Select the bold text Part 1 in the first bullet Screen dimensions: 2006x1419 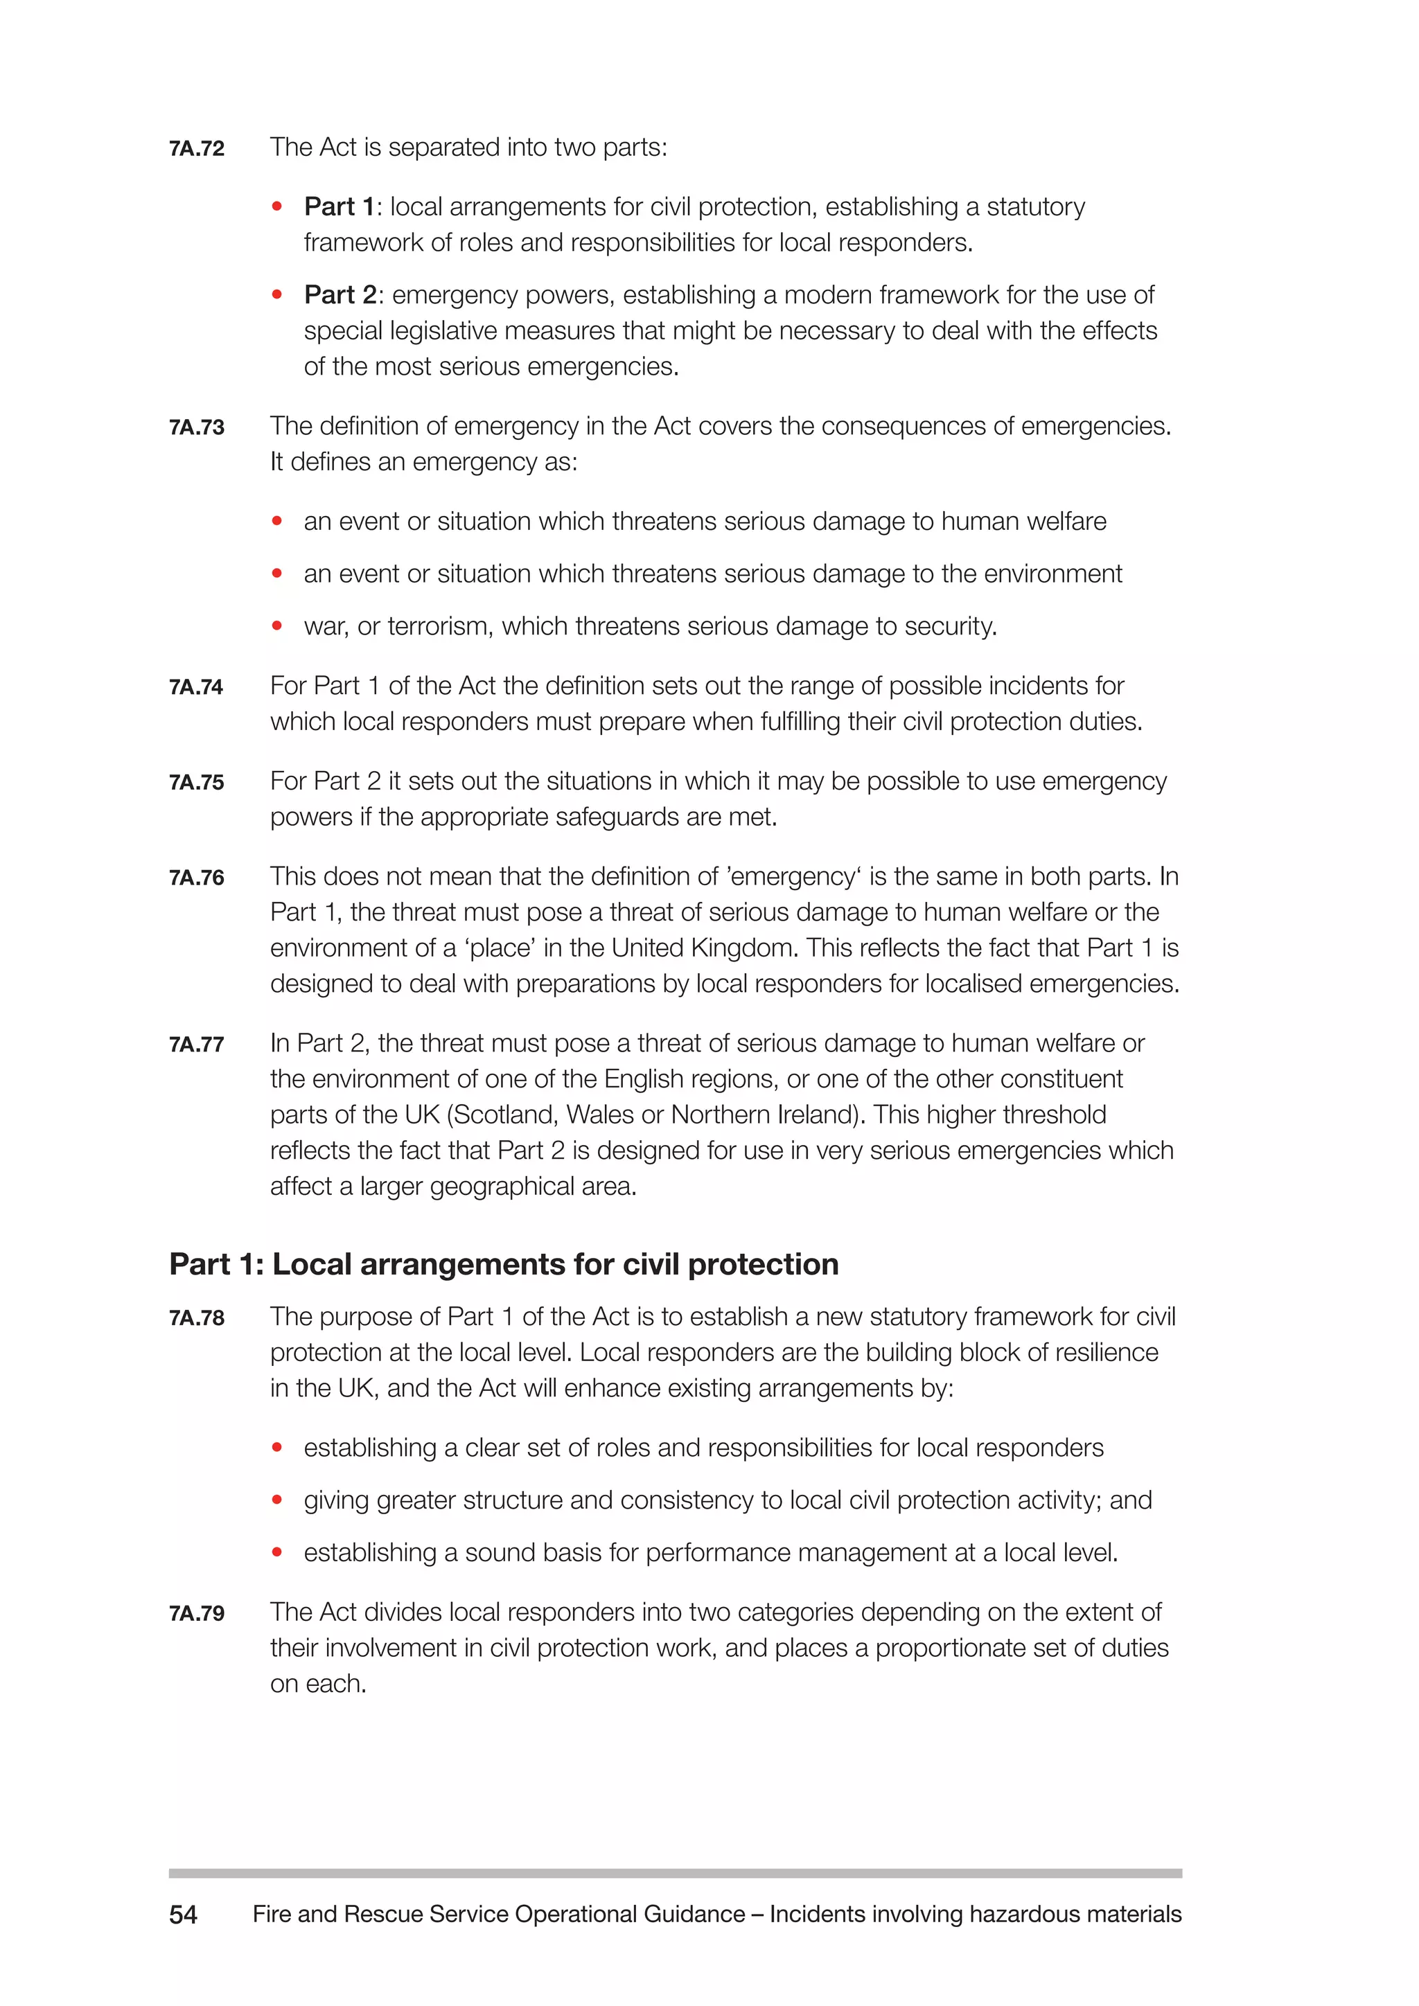tap(339, 207)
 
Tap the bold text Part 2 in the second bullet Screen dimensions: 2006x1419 tap(340, 295)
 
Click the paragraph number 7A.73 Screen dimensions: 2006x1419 tap(197, 428)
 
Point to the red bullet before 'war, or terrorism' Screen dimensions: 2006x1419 tap(277, 625)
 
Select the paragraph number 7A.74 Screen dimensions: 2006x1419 tap(195, 688)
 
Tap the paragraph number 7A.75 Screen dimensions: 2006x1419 tap(197, 783)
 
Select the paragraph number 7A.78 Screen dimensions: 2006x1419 tap(197, 1318)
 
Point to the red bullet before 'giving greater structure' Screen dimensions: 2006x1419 tap(277, 1500)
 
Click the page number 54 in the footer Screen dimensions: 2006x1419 tap(184, 1915)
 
